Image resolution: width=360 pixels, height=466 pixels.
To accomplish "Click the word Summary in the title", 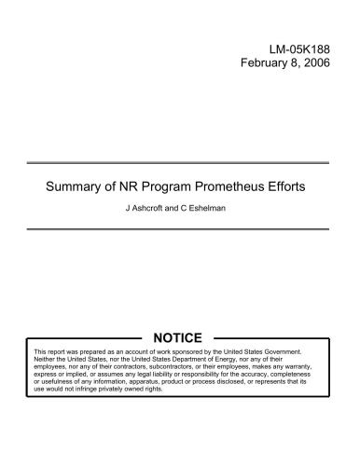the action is [78, 185].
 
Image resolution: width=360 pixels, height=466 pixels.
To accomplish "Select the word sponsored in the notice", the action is [190, 350].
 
